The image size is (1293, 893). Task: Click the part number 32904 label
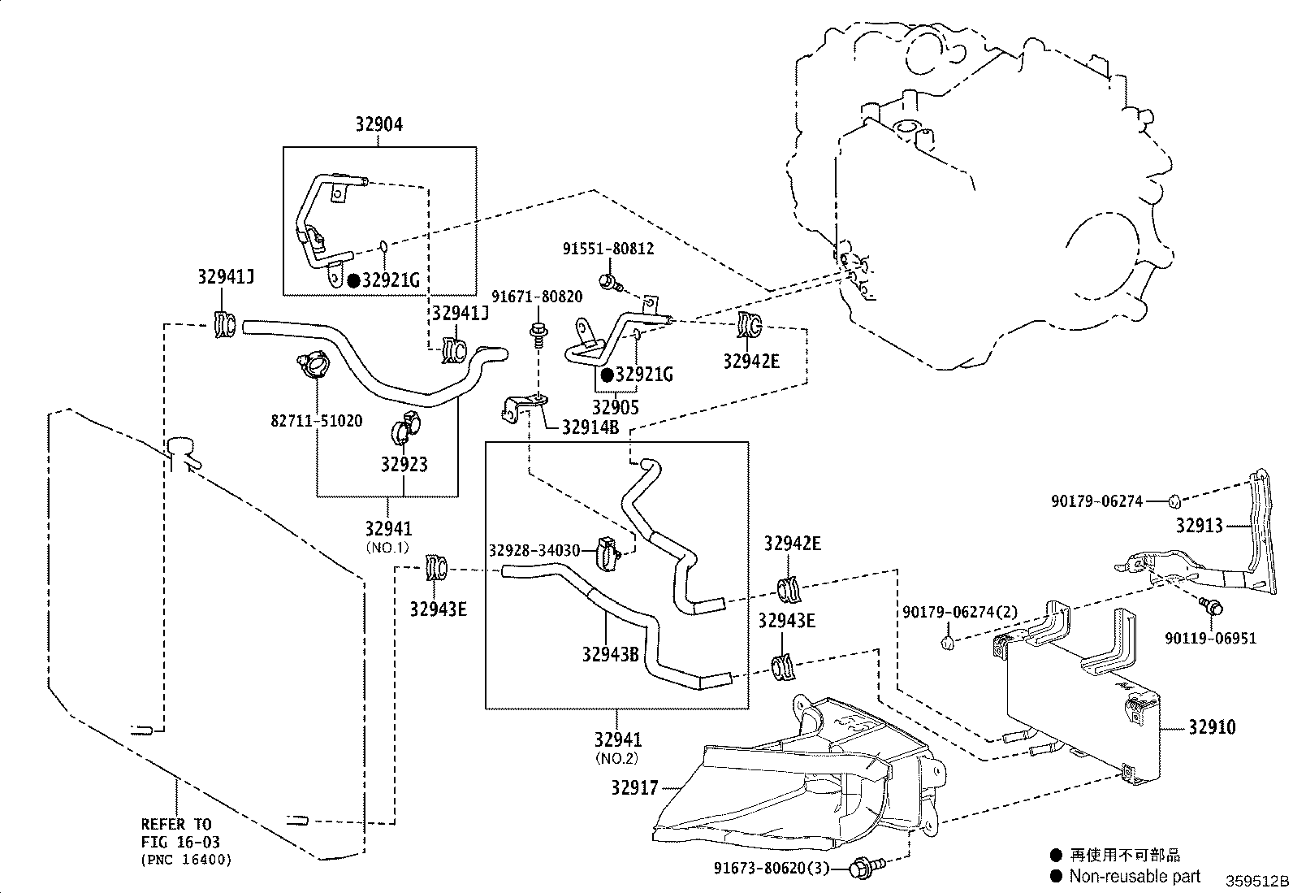point(378,124)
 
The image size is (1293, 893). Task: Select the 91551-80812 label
point(608,249)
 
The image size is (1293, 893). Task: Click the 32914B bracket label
point(591,427)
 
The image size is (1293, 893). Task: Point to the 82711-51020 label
point(316,421)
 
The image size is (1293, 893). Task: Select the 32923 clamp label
point(404,465)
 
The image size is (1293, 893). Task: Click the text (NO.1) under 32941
point(388,547)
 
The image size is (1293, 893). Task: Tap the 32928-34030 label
point(534,551)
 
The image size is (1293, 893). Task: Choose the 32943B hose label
point(610,653)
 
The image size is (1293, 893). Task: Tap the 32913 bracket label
point(1199,526)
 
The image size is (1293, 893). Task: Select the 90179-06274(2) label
point(960,612)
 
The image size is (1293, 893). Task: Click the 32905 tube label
point(615,408)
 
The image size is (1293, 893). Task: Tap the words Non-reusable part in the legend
point(1134,876)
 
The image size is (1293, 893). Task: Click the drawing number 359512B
point(1256,882)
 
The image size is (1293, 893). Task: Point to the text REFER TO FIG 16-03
point(180,833)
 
